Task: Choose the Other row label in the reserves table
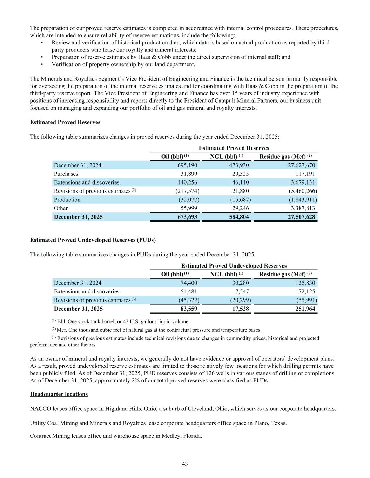[61, 208]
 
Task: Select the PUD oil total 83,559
[188, 309]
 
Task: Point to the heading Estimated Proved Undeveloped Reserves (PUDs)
[93, 240]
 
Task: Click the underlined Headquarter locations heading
[59, 394]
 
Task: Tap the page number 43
[185, 464]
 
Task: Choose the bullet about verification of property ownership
[123, 64]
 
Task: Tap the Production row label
[67, 200]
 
